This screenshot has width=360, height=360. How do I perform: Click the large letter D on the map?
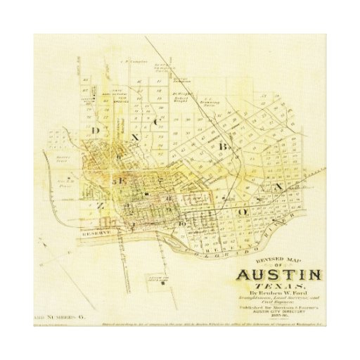click(x=95, y=131)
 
